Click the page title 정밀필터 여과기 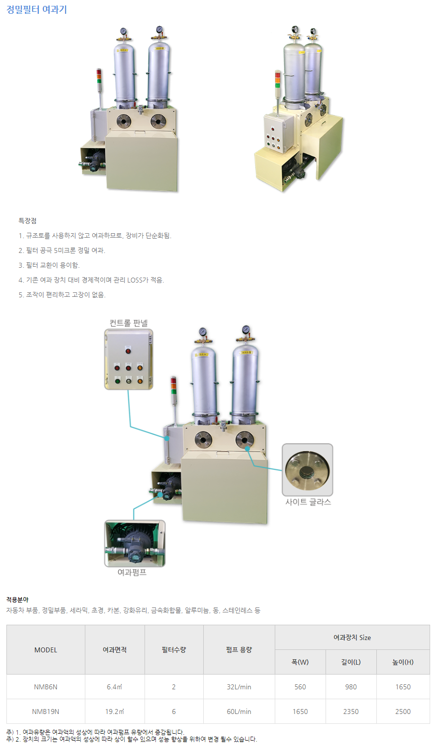click(x=37, y=10)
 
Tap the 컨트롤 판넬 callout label click(x=129, y=323)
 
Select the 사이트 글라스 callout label click(x=308, y=502)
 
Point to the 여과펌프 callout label click(x=132, y=572)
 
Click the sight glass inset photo click(x=307, y=469)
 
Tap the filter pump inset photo click(x=135, y=543)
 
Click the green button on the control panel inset click(x=117, y=381)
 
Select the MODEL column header click(x=46, y=650)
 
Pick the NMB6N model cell click(x=46, y=687)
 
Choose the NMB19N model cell click(x=46, y=712)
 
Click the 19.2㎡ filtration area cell click(x=114, y=712)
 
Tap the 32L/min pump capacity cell click(x=239, y=687)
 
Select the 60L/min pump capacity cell click(x=239, y=712)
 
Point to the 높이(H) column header click(x=403, y=662)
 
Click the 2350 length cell click(x=351, y=712)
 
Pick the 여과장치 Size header click(x=352, y=638)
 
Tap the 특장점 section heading click(x=28, y=221)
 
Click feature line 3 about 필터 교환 click(x=49, y=265)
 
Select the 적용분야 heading click(x=17, y=600)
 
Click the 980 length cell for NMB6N click(x=351, y=687)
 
